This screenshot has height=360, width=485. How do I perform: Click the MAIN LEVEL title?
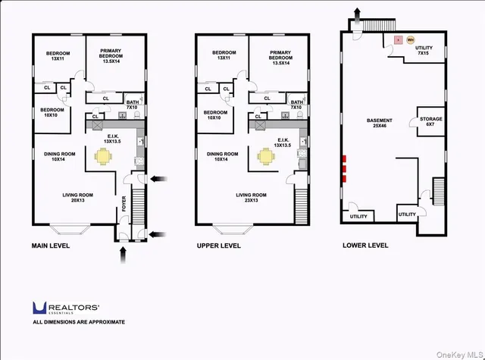click(x=54, y=246)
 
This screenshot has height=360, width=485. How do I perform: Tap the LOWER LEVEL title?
click(x=365, y=246)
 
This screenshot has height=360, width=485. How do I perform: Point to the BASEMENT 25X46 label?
click(x=380, y=124)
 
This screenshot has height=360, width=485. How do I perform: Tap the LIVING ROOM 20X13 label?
click(x=78, y=197)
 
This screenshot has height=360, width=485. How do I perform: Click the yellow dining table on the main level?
click(x=102, y=157)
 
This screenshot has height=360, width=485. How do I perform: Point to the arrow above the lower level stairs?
click(x=355, y=17)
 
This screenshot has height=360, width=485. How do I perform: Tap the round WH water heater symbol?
click(x=411, y=39)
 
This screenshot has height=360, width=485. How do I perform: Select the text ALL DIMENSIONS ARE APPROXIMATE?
click(x=79, y=322)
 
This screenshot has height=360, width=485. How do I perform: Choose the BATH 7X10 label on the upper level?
click(x=297, y=105)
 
